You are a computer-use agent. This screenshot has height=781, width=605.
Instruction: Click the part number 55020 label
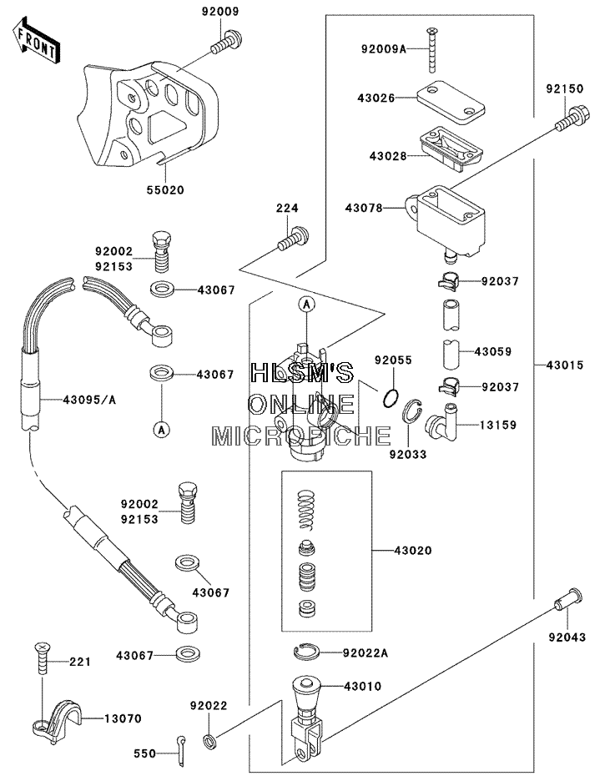[165, 189]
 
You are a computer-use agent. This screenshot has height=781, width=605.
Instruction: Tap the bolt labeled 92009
[227, 42]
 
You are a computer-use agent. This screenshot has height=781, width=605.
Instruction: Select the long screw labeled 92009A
[431, 50]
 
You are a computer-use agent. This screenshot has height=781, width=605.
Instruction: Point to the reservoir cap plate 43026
[451, 101]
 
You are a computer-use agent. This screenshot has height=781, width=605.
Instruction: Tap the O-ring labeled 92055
[391, 398]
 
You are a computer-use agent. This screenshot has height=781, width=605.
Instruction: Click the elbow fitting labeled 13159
[444, 423]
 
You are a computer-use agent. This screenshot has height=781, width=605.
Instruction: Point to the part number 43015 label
[565, 365]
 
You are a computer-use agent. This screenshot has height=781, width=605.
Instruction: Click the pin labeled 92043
[568, 597]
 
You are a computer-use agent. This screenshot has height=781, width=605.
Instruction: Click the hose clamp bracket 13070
[56, 720]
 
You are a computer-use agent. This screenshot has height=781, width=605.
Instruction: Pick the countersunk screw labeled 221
[42, 658]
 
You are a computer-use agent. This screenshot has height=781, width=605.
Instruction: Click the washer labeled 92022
[210, 741]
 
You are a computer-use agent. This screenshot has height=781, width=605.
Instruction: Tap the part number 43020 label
[413, 551]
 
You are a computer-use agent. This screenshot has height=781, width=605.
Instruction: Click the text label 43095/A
[89, 400]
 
